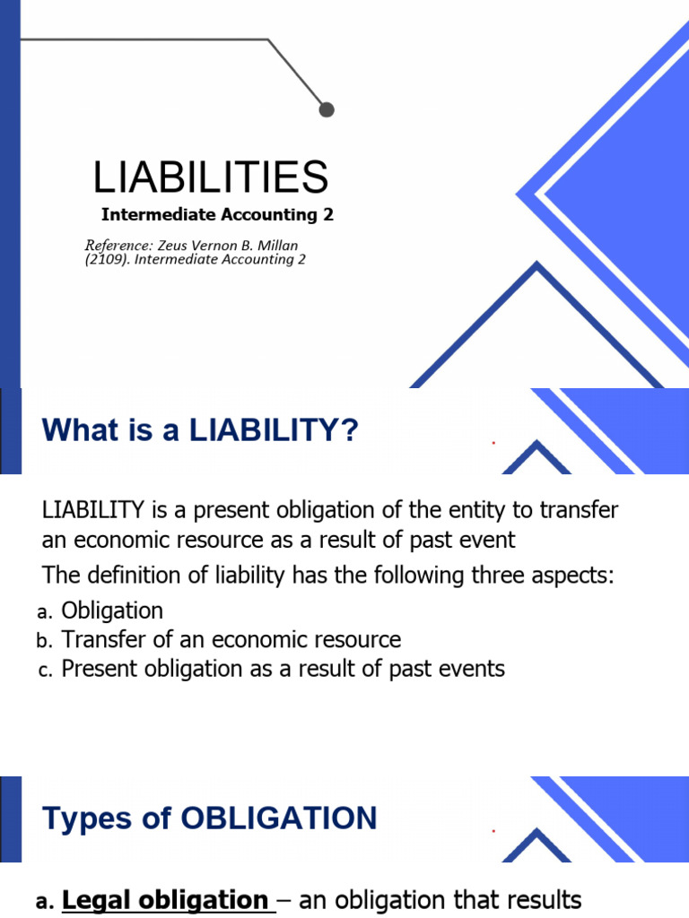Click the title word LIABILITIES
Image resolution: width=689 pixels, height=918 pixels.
[x=211, y=178]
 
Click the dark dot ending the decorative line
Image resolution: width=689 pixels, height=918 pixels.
[x=327, y=109]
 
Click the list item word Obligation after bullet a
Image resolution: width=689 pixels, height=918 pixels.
[x=112, y=611]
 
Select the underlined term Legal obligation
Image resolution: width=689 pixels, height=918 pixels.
[x=165, y=900]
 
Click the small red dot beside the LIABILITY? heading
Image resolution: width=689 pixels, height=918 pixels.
[x=493, y=443]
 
